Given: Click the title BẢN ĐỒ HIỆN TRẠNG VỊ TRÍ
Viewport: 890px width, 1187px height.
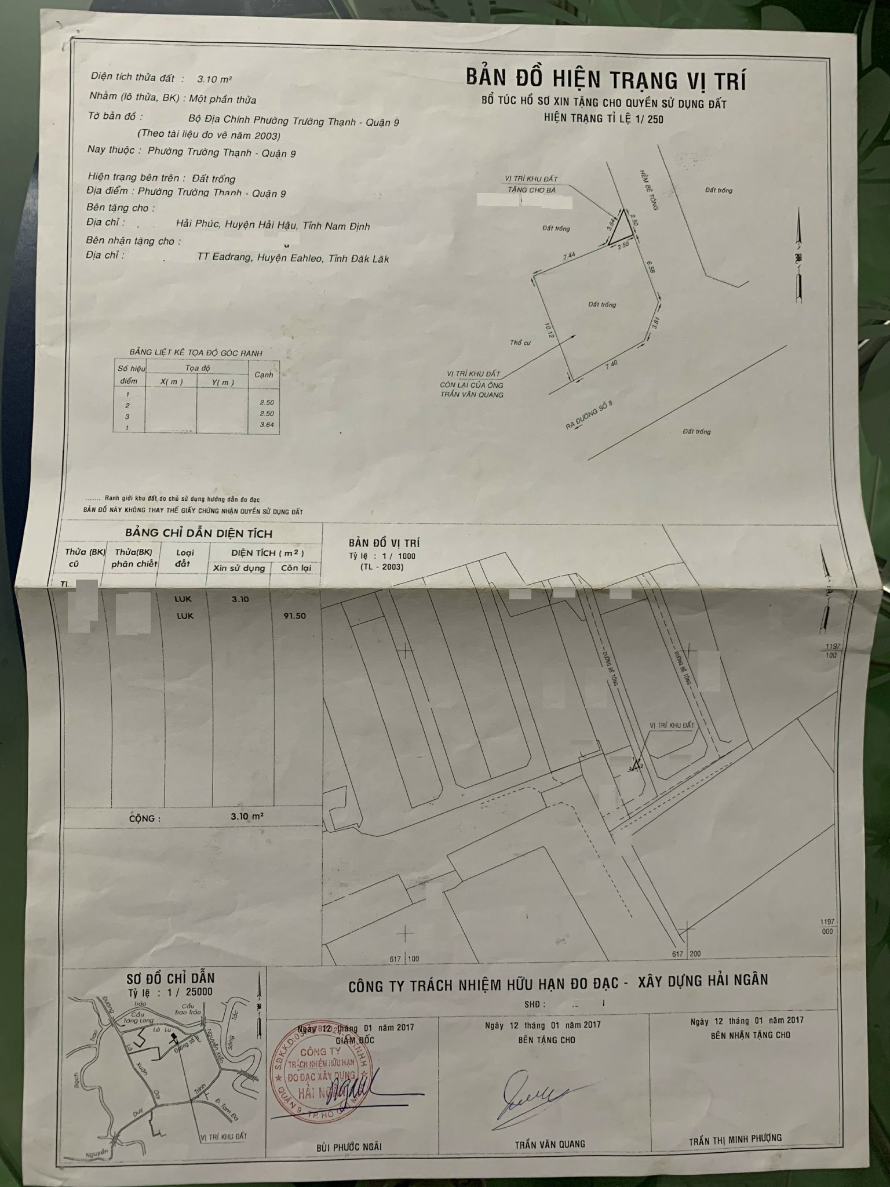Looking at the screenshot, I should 606,79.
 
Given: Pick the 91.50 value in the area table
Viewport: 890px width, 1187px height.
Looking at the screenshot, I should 296,616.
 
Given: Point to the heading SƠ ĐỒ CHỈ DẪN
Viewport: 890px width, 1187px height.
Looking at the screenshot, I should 170,979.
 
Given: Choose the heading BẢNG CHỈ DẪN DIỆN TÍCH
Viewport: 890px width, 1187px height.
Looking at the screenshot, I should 199,533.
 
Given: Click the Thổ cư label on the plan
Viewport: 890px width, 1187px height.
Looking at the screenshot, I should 520,343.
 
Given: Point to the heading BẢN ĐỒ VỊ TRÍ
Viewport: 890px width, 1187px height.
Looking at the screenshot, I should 384,543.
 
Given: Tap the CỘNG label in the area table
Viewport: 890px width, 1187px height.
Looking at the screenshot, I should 142,819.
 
